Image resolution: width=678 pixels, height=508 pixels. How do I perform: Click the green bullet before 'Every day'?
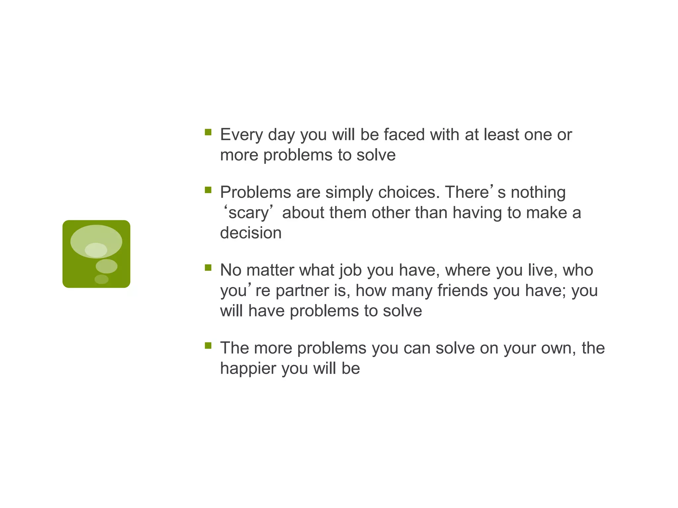(208, 132)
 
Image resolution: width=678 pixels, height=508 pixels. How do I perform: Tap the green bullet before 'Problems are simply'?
(208, 190)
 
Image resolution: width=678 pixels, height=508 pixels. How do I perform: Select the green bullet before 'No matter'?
(208, 268)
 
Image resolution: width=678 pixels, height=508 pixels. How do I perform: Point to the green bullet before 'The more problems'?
(208, 346)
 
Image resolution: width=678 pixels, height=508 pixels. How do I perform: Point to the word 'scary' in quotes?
(248, 213)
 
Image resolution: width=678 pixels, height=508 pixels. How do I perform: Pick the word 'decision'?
(251, 233)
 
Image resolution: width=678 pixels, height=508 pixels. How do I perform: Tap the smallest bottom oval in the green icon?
(101, 279)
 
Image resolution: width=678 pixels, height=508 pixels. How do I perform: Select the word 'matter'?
(270, 271)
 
